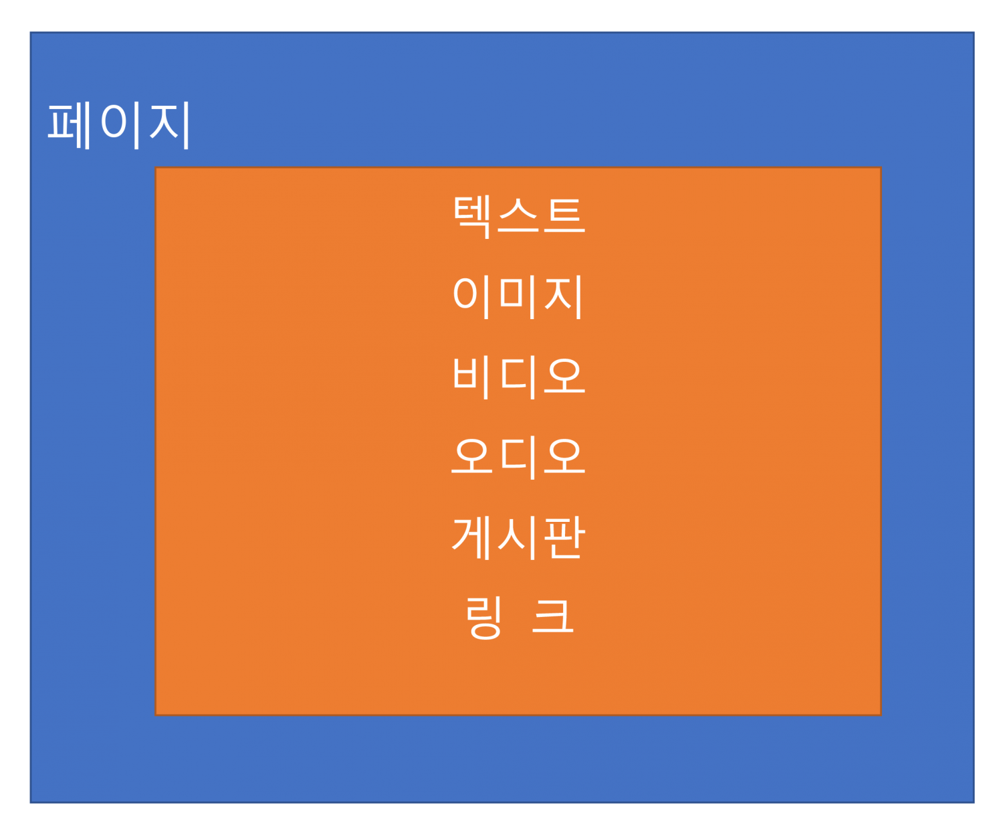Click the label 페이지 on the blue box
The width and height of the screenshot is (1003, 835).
pos(119,124)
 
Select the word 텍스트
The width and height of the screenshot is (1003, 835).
pos(518,215)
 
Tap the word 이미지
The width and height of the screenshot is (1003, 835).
pos(518,296)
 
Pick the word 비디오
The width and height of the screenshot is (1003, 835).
pos(518,377)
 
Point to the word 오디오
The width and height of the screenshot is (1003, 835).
pos(518,458)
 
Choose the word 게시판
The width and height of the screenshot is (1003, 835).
pos(518,538)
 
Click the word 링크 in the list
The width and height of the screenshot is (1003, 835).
pos(518,618)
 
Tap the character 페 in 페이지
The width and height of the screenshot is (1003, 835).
pos(70,124)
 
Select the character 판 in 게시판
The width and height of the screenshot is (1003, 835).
pos(564,538)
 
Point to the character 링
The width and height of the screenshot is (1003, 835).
pos(483,618)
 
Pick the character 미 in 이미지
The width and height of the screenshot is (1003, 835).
pos(518,296)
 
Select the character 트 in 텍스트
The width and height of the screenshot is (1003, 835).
pos(564,215)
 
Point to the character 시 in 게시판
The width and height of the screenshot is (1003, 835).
pos(518,538)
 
